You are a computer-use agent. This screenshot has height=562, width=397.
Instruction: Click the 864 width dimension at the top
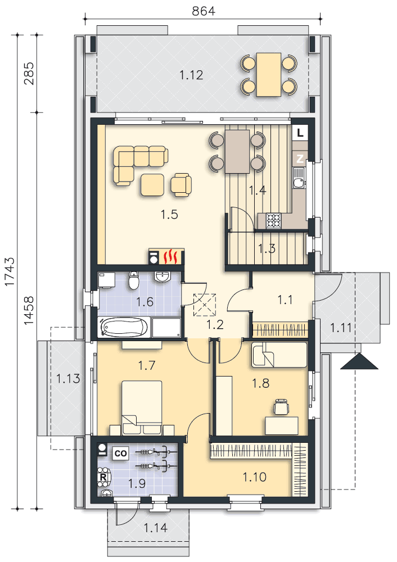tap(204, 11)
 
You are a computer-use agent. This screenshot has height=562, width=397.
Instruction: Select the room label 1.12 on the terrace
tap(191, 75)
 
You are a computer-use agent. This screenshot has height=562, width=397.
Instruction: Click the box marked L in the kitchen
tap(300, 133)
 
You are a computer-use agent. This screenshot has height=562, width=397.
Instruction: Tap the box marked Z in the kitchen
tap(300, 158)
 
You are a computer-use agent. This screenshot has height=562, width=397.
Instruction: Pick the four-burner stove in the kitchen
tap(274, 220)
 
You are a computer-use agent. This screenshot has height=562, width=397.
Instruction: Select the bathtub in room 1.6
tap(124, 327)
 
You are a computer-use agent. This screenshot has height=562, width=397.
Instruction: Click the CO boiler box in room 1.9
tap(120, 454)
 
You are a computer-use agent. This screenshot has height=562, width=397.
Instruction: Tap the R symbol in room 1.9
tap(103, 477)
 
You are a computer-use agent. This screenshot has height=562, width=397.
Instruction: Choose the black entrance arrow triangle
tap(359, 361)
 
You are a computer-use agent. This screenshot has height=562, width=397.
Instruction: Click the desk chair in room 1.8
tap(282, 407)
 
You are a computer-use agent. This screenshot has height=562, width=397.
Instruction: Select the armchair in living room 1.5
tap(181, 184)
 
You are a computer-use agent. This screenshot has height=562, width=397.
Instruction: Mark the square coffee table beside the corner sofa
tap(152, 184)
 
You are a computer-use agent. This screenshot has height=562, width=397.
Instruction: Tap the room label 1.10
tap(254, 477)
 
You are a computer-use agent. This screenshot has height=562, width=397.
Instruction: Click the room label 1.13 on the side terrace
tap(68, 378)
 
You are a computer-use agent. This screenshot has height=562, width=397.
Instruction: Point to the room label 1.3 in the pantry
tap(267, 248)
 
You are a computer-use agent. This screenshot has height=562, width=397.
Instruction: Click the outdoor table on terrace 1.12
tap(269, 75)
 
